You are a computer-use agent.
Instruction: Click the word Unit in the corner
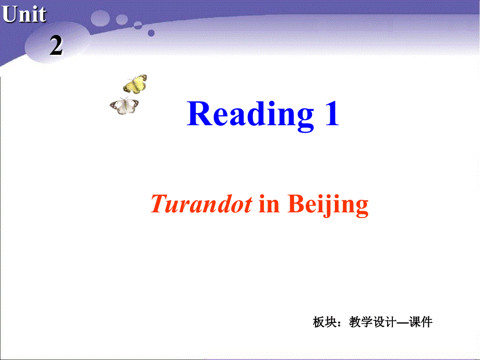coord(24,14)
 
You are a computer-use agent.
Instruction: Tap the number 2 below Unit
coord(56,46)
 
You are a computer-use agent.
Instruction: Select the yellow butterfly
coord(135,83)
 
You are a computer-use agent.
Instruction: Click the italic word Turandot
coord(201,204)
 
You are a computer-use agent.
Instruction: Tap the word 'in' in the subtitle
coord(269,204)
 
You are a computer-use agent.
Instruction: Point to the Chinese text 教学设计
coord(370,322)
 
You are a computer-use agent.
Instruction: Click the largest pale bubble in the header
coord(100,18)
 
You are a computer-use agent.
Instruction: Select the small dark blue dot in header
coord(151,33)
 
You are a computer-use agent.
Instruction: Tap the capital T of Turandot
coord(158,204)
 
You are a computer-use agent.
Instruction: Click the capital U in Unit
coord(10,14)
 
